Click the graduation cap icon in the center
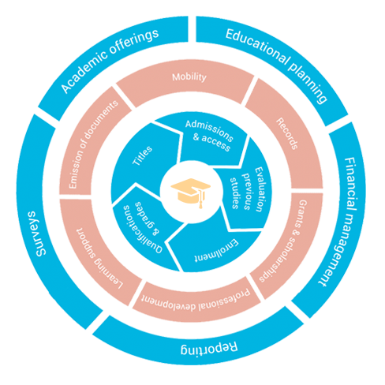click(191, 192)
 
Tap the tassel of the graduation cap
click(201, 199)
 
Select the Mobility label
click(189, 77)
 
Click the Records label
click(287, 133)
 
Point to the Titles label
click(142, 155)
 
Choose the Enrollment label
click(216, 251)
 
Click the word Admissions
click(209, 131)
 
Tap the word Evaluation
click(259, 189)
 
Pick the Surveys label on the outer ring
click(39, 234)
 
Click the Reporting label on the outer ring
click(209, 348)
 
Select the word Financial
click(350, 184)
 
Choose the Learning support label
click(99, 259)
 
